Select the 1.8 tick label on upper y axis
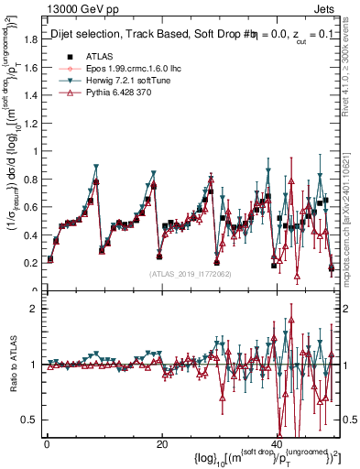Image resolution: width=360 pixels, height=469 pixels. coord(32,38)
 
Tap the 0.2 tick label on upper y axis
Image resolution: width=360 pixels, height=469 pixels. coord(32,263)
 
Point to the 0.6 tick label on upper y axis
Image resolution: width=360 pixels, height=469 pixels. coord(32,207)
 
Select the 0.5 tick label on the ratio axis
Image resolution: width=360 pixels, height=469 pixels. coord(32,420)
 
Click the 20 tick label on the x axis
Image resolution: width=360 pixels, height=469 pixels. coord(162,443)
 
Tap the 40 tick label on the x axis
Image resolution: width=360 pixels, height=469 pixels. coord(277,443)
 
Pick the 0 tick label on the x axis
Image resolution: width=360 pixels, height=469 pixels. coord(47,443)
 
